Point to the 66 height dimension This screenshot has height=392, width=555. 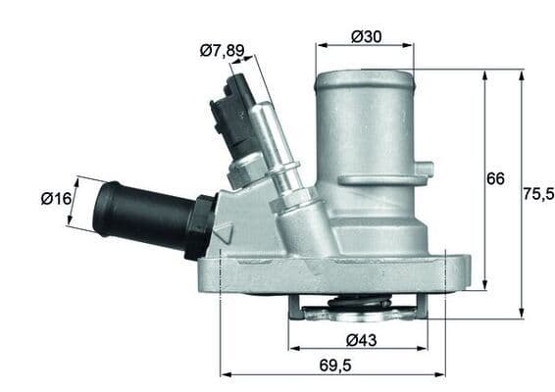pos(496,178)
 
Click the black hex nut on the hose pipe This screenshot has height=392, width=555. pos(201,225)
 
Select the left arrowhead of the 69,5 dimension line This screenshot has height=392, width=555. pos(223,374)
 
